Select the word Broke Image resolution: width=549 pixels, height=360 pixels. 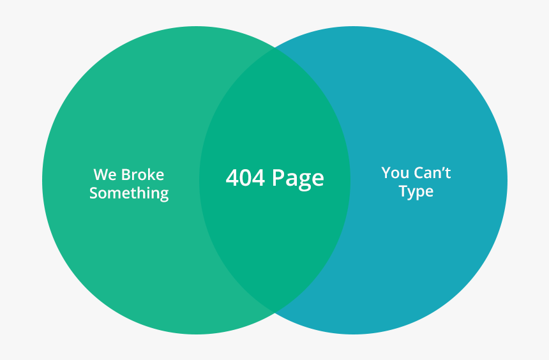point(142,174)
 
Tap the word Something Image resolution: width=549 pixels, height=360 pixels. point(129,193)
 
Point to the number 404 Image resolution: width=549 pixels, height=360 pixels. point(245,177)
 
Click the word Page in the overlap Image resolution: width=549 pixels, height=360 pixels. point(298,179)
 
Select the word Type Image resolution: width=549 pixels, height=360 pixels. point(416,192)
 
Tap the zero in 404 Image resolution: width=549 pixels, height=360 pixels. point(245,177)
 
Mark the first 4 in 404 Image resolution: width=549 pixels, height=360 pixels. point(232,177)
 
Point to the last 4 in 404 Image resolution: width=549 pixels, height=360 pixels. point(259,177)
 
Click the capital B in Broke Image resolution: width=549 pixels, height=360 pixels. point(126,175)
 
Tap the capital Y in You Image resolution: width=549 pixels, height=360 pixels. point(386,173)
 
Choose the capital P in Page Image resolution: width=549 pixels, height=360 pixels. point(278,177)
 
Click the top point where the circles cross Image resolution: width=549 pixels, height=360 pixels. point(275,49)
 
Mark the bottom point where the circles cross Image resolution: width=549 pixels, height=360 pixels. point(275,312)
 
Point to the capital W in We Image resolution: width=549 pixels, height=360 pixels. point(101,175)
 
